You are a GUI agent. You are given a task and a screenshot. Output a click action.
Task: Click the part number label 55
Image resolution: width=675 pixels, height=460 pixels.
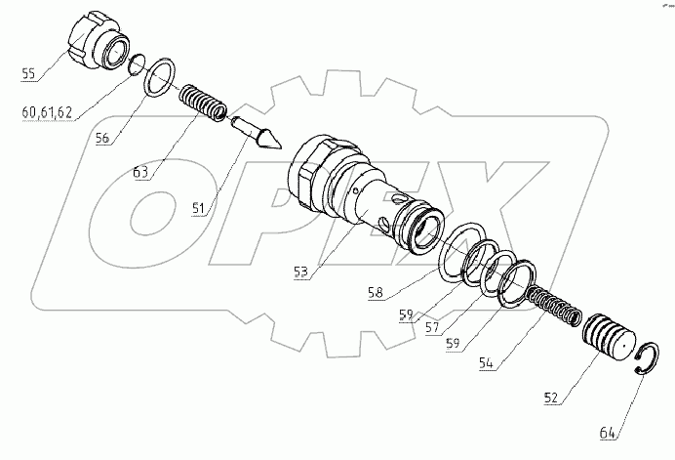click(x=28, y=73)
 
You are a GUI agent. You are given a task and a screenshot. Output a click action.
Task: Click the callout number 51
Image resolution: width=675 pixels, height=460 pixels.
click(x=202, y=207)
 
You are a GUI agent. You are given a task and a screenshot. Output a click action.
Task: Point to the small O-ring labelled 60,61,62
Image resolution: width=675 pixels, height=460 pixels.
click(x=138, y=63)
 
